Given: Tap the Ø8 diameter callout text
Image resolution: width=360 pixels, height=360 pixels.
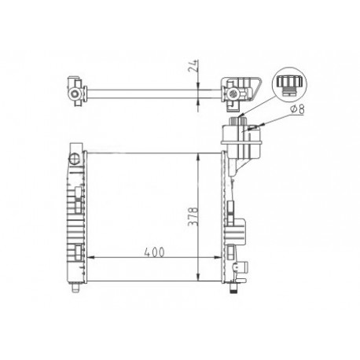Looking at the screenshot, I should pyautogui.click(x=296, y=109).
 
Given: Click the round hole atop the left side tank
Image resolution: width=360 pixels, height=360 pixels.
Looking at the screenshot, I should pyautogui.click(x=75, y=158).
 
